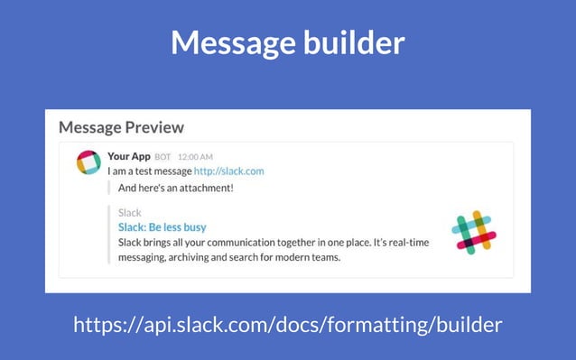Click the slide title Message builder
pos(287,42)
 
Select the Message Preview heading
pos(121,127)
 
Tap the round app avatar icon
pos(88,162)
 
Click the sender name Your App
pos(128,156)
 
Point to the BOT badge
pos(163,157)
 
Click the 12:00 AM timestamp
pos(195,157)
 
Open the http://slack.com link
pos(228,171)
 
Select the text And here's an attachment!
pos(176,188)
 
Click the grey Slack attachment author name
pos(129,213)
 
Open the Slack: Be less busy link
pos(162,227)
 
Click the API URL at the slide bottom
pos(287,323)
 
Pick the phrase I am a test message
pos(149,171)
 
